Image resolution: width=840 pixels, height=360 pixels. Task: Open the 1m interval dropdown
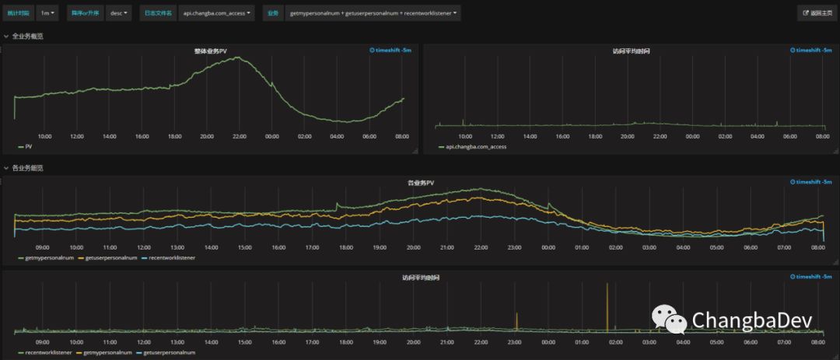(47, 13)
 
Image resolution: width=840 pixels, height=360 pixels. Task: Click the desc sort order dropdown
(119, 13)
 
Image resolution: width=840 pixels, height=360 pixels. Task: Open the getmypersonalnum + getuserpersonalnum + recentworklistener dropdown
(373, 13)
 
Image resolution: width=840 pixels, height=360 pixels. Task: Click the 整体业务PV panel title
(211, 51)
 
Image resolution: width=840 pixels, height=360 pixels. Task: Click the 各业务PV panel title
(421, 183)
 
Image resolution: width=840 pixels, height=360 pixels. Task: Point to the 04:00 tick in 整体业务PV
(337, 137)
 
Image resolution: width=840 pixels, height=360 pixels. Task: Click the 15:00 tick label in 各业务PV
(245, 247)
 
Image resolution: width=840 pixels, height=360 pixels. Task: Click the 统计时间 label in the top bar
(19, 13)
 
